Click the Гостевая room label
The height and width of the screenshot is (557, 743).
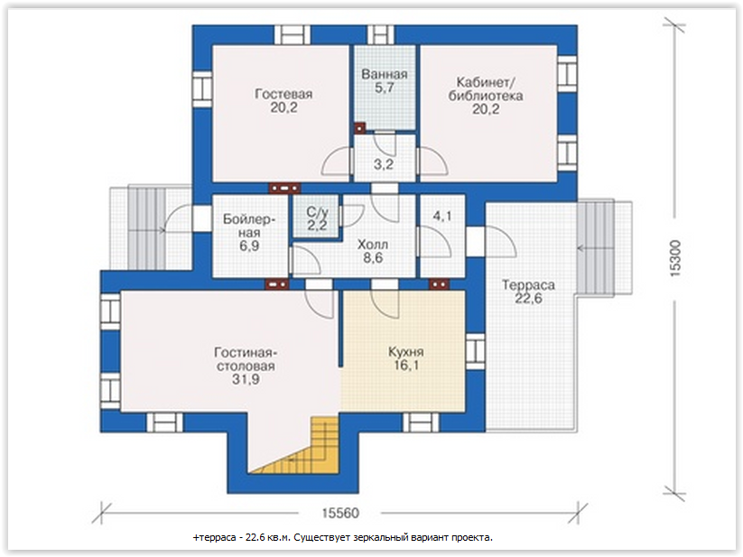click(x=283, y=100)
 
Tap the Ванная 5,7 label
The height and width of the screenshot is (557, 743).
click(x=385, y=81)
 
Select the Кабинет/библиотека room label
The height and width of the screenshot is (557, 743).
click(x=486, y=96)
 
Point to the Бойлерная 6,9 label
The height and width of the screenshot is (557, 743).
click(x=249, y=232)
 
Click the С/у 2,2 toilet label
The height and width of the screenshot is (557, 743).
click(x=317, y=218)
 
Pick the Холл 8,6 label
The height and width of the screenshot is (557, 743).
click(x=373, y=251)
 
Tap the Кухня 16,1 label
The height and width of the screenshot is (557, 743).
click(x=406, y=358)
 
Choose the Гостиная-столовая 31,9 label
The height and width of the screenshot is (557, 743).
click(x=246, y=366)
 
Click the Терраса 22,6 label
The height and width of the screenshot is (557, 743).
click(x=528, y=292)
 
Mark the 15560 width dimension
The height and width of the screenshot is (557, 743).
click(x=340, y=513)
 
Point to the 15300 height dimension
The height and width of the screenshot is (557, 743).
click(x=675, y=258)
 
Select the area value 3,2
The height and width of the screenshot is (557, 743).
click(x=384, y=164)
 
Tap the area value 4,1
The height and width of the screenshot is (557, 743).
click(x=442, y=216)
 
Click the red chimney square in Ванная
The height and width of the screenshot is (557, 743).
click(x=360, y=127)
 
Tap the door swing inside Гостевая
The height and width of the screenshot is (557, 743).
click(x=337, y=162)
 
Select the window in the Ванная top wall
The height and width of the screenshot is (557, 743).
click(x=381, y=35)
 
